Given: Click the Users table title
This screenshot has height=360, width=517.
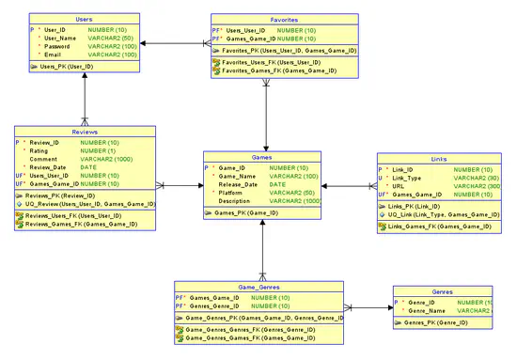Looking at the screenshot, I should (83, 18).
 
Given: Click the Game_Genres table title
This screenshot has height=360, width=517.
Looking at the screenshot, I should (258, 287).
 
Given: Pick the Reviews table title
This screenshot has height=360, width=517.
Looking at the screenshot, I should (85, 133).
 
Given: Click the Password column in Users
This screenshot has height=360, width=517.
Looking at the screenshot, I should (58, 45).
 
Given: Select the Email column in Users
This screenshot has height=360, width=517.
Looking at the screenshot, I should (53, 55).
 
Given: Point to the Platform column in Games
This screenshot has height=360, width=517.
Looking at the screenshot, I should (236, 193).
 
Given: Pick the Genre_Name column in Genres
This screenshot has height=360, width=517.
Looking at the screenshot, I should (422, 310).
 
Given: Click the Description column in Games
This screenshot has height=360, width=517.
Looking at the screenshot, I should (240, 201).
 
